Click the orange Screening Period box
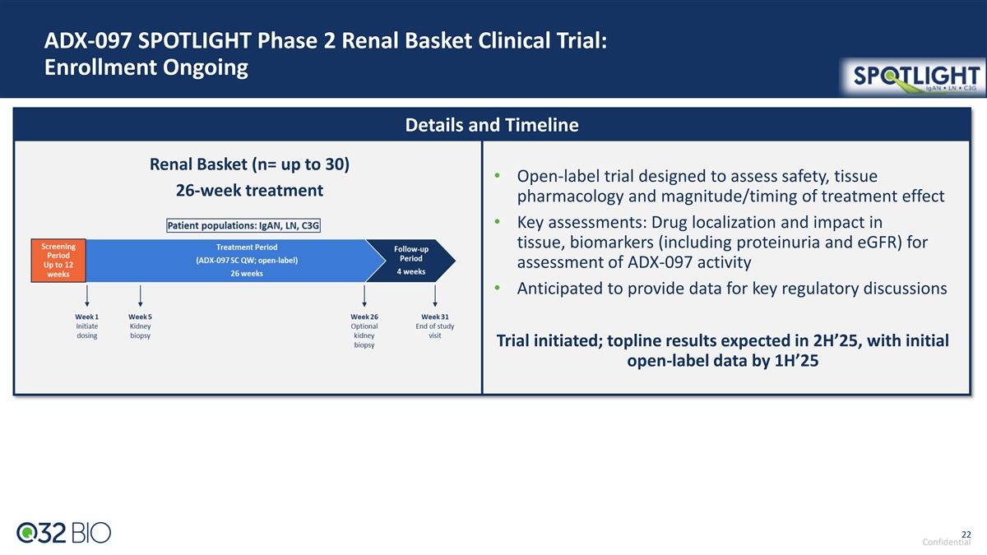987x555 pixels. pos(58,261)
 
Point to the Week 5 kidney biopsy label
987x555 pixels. pos(140,326)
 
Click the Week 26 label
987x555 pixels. pos(364,317)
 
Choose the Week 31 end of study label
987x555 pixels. pos(435,326)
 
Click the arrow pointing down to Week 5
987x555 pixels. pos(140,295)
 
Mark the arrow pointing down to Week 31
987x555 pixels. pos(435,295)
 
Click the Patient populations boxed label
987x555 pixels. pos(243,225)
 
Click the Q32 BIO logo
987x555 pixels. pos(64,533)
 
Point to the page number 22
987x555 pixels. pos(966,534)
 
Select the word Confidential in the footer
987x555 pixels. pos(947,542)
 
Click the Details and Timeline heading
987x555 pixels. pos(492,125)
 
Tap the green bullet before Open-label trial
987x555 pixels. pos(498,176)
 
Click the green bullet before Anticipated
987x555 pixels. pos(498,288)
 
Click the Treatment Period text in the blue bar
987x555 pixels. pos(247,247)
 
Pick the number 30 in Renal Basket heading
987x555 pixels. pos(335,164)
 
